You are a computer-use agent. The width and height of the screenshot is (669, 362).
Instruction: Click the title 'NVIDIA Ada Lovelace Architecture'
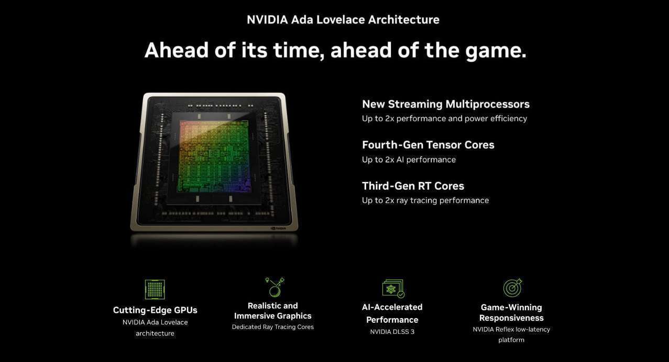coord(343,20)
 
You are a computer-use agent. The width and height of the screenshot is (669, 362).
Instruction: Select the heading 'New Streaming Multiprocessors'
coord(446,104)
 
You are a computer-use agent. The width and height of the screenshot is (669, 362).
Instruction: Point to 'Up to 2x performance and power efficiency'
coord(444,119)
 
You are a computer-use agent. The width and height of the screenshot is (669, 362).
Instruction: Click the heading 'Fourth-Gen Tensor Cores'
coord(428,145)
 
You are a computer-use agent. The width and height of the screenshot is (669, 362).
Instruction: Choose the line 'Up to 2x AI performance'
coord(409,160)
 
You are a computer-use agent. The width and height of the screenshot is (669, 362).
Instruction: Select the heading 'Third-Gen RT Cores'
coord(413,186)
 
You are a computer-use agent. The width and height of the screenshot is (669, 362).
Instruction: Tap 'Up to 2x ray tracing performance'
coord(425,200)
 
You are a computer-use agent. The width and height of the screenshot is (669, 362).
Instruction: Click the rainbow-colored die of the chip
coord(214,156)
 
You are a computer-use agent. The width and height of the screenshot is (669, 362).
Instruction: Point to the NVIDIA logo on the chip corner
coord(278,229)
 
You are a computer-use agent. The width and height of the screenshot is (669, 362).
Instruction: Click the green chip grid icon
coord(155,289)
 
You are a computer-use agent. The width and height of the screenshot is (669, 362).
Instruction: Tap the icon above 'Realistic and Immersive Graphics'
coord(275,287)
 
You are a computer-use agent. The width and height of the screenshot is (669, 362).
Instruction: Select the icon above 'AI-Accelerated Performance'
coord(393,288)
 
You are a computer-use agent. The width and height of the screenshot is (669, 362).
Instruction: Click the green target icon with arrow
coord(512,288)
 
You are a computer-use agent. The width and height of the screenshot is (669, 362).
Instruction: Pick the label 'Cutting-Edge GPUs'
coord(155,310)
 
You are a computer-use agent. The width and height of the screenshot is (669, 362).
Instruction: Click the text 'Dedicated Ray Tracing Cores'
coord(272,327)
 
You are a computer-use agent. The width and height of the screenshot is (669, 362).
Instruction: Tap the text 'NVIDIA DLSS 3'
coord(392,332)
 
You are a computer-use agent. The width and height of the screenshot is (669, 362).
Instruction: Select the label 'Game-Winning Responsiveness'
coord(511,312)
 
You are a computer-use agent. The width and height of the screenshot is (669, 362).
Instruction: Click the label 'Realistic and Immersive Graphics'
coord(272,311)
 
